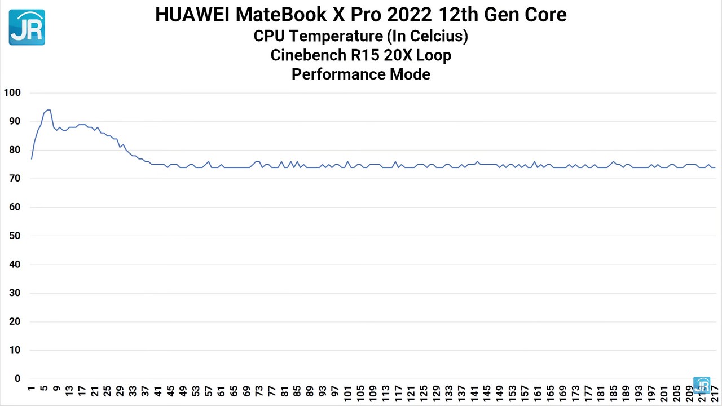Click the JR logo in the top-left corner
point(27,27)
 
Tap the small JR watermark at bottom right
point(702,385)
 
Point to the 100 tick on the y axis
point(12,92)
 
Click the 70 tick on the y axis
point(14,179)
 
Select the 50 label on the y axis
point(14,236)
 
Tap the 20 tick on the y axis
point(14,321)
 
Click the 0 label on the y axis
point(17,379)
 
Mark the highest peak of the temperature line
point(49,110)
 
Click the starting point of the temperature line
point(32,159)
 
